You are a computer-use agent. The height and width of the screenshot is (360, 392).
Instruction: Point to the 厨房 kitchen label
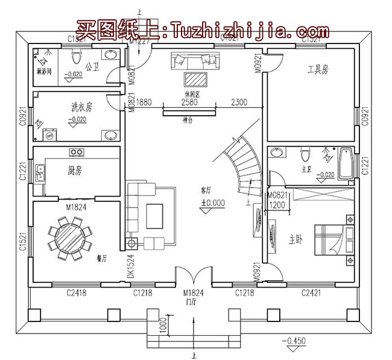[74, 171]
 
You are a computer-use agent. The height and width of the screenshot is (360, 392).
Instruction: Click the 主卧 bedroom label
[295, 239]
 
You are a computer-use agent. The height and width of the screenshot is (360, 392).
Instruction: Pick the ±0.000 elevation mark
[213, 203]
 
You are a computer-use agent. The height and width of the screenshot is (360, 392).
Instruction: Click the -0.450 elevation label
[296, 341]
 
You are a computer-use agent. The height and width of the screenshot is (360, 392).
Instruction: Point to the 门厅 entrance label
[192, 302]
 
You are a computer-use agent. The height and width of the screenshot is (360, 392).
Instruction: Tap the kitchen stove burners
[77, 151]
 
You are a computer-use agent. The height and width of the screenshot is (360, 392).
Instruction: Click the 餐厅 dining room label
[101, 258]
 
